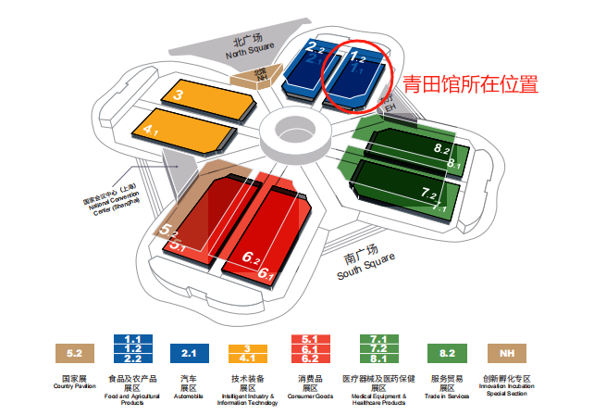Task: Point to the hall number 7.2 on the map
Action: pos(429,194)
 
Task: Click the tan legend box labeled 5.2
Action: pos(74,352)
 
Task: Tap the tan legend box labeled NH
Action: pos(506,352)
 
